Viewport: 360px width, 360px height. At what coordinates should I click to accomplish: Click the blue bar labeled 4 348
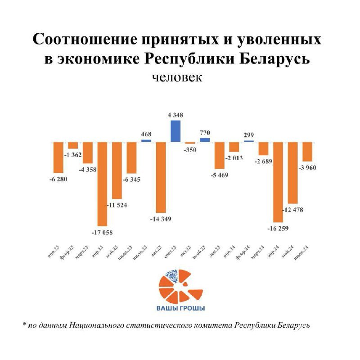(x=176, y=131)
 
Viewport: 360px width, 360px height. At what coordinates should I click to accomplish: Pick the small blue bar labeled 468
(x=146, y=140)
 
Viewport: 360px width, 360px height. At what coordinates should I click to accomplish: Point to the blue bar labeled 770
(x=205, y=139)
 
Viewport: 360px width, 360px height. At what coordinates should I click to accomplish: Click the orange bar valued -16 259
(x=278, y=182)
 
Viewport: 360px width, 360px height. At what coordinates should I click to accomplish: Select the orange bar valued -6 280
(x=58, y=157)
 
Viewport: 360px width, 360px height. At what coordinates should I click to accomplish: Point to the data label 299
(x=249, y=134)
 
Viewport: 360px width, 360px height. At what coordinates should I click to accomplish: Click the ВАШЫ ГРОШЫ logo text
(x=180, y=308)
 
